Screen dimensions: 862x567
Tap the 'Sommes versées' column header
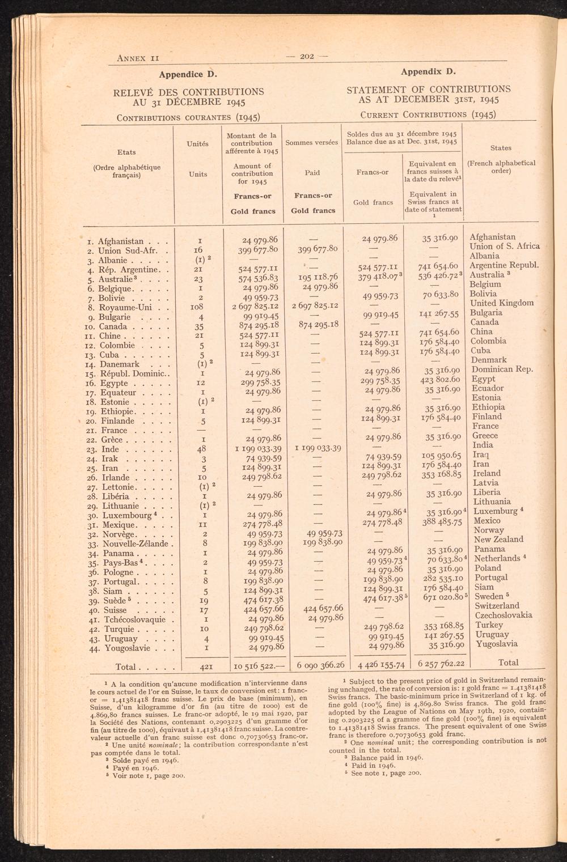[x=312, y=142]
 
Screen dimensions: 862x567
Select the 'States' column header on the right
[x=501, y=148]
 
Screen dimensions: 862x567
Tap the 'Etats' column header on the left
[x=126, y=152]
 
